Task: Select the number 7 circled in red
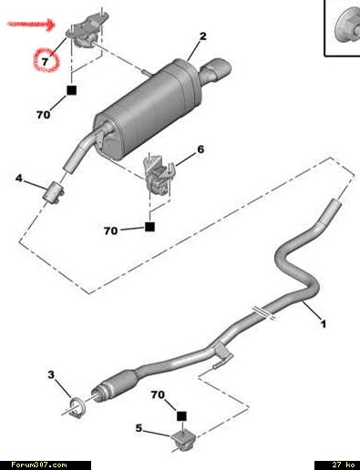(x=45, y=62)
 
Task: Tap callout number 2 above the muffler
(x=203, y=36)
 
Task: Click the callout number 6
(x=201, y=149)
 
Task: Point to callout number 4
(x=19, y=178)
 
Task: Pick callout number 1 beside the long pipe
(x=324, y=324)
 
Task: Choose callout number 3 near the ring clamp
(x=51, y=374)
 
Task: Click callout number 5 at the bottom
(x=139, y=428)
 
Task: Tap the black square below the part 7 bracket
(x=72, y=90)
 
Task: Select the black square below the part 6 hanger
(x=149, y=227)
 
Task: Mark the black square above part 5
(x=181, y=416)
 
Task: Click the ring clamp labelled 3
(x=77, y=408)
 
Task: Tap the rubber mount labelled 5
(x=183, y=441)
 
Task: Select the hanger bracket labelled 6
(x=159, y=176)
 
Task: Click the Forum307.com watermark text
(x=39, y=465)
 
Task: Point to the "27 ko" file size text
(x=344, y=465)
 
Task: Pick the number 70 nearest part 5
(x=158, y=394)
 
